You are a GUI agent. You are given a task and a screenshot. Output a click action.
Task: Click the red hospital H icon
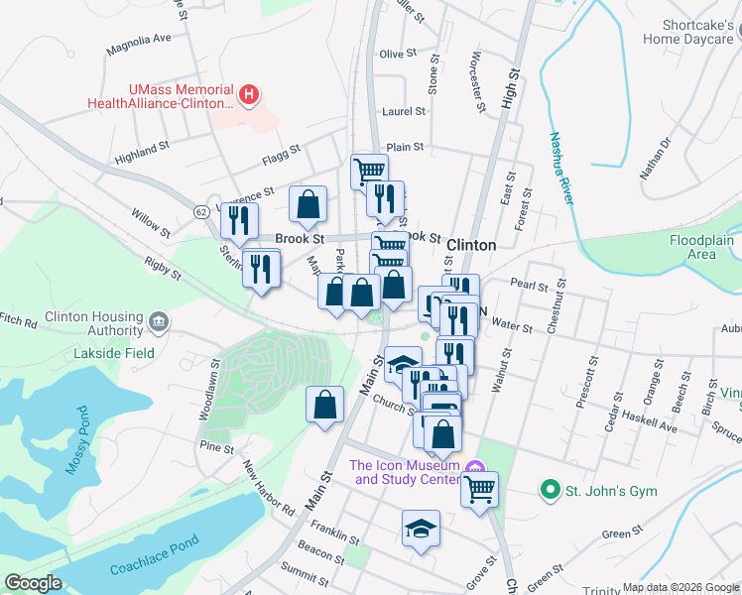250,96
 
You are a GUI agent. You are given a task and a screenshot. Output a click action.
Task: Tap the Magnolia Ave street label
140,40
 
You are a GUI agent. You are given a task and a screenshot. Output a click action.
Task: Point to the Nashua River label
561,169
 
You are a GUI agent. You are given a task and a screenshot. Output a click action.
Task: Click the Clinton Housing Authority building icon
158,321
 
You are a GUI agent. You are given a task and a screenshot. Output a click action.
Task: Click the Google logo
34,582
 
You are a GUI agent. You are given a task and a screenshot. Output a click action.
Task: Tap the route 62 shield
200,211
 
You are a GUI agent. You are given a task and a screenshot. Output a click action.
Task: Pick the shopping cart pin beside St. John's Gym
479,489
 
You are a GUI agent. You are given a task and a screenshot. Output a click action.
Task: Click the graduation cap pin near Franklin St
421,528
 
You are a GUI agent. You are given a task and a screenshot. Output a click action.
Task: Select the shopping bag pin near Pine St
324,405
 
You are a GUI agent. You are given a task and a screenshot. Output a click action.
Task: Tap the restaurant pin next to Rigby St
261,267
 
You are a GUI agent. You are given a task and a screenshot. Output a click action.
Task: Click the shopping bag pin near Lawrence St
309,204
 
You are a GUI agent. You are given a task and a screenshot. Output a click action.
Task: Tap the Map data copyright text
680,587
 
